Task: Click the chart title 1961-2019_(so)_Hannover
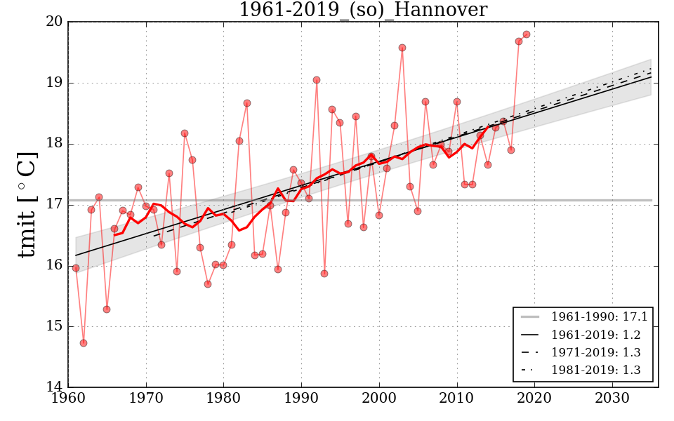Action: point(362,10)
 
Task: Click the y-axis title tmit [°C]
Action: point(27,204)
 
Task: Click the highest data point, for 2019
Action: point(527,34)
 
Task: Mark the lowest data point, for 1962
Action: point(84,343)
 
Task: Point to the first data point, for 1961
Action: point(76,268)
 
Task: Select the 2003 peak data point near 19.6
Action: point(402,48)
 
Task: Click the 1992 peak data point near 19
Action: point(317,80)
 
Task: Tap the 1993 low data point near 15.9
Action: point(324,274)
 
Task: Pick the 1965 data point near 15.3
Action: point(107,309)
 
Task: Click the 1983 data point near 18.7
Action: point(247,103)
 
